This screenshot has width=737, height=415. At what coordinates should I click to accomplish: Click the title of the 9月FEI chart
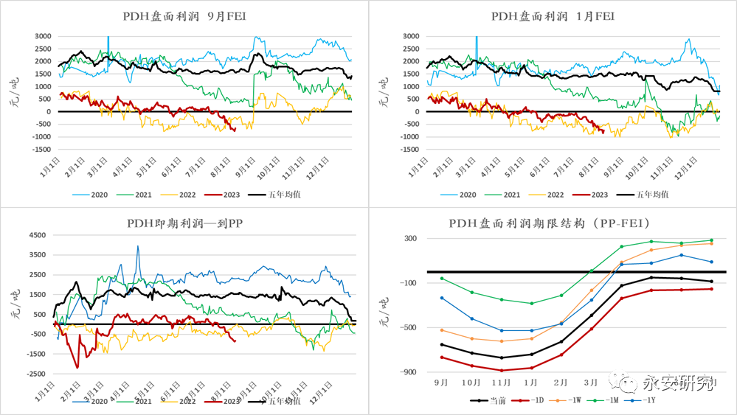pos(184,16)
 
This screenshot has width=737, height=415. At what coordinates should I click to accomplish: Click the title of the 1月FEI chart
pos(553,16)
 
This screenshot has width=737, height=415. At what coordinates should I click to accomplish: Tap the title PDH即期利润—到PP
pos(184,223)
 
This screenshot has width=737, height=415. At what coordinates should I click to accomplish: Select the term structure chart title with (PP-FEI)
pos(553,223)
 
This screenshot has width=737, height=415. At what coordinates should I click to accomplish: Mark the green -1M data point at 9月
pos(442,278)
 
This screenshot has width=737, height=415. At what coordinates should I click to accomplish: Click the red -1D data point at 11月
pos(501,370)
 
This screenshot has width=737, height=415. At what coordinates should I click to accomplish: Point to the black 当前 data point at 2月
pos(561,341)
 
